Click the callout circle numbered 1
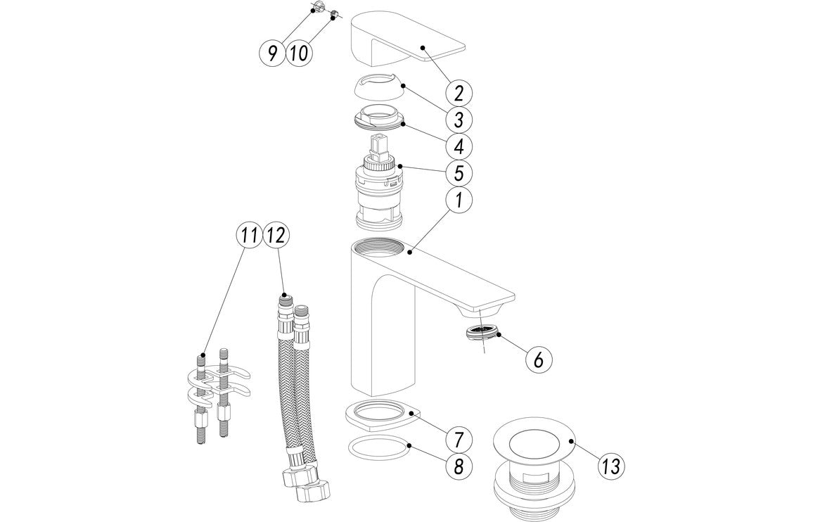tap(458, 200)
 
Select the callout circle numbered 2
tap(458, 92)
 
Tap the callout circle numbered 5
tap(458, 172)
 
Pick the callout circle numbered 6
tap(538, 359)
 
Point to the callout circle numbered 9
tap(271, 53)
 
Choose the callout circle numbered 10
tap(298, 53)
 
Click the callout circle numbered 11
tap(247, 236)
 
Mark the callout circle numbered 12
tap(276, 236)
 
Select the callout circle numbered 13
tap(591, 465)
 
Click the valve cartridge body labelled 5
tap(380, 197)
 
